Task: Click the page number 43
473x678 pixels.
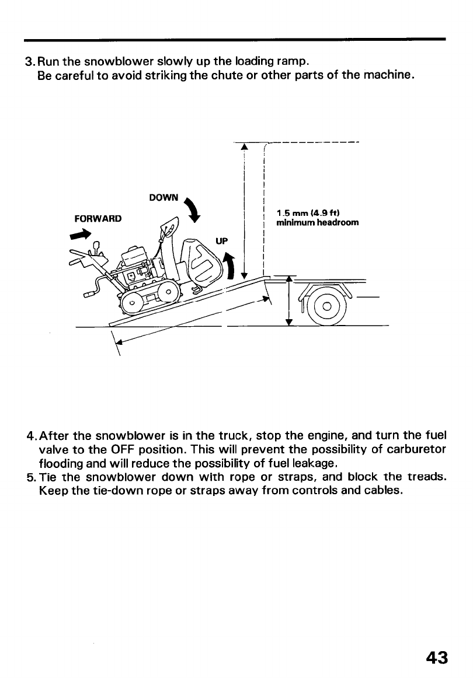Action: pos(437,658)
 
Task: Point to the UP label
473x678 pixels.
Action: pos(220,240)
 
